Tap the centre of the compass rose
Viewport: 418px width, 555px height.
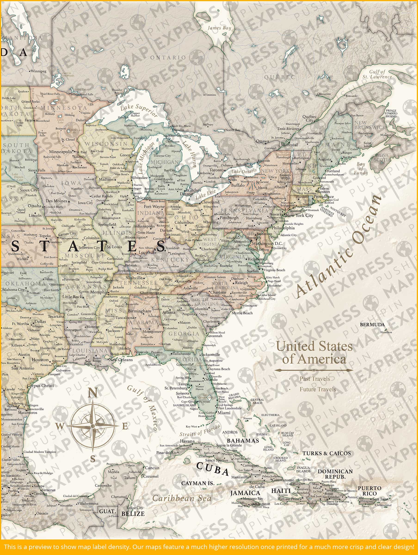pyautogui.click(x=92, y=426)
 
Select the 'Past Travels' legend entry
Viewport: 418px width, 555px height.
pyautogui.click(x=315, y=379)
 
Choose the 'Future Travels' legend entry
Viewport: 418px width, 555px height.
pyautogui.click(x=317, y=389)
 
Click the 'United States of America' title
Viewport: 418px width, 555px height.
pyautogui.click(x=314, y=353)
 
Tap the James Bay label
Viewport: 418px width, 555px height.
pyautogui.click(x=219, y=28)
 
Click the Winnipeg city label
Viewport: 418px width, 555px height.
pyautogui.click(x=38, y=71)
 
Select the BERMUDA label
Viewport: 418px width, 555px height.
pyautogui.click(x=372, y=324)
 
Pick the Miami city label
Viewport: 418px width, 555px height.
pyautogui.click(x=224, y=413)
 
